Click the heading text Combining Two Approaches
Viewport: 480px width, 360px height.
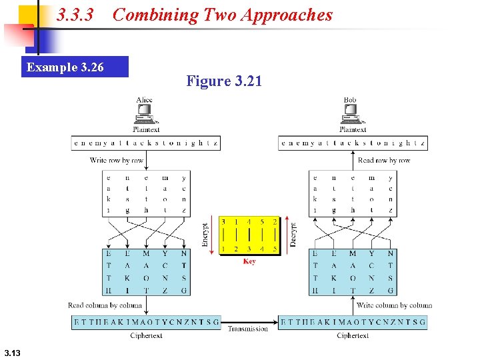(x=223, y=15)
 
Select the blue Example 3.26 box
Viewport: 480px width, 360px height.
(x=74, y=67)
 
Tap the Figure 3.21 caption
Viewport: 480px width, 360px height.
(x=224, y=81)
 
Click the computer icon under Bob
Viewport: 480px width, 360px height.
(x=351, y=115)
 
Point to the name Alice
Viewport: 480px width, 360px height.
(x=144, y=100)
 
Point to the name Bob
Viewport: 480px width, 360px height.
(x=351, y=100)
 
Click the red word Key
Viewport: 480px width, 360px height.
(x=249, y=261)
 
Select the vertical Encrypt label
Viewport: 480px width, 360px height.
(x=205, y=235)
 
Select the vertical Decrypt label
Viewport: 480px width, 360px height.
(x=293, y=235)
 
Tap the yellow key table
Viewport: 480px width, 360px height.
(x=249, y=235)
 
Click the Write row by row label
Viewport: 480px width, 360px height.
(x=117, y=160)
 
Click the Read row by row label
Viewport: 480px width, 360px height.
(x=384, y=160)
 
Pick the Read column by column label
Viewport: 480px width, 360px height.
(x=105, y=305)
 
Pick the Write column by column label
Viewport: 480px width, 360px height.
(x=395, y=305)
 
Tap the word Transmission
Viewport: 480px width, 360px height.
(x=248, y=328)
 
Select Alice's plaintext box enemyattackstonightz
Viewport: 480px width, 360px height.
(x=146, y=143)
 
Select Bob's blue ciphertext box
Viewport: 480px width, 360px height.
(x=353, y=322)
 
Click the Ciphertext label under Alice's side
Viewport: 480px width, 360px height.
(x=146, y=336)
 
